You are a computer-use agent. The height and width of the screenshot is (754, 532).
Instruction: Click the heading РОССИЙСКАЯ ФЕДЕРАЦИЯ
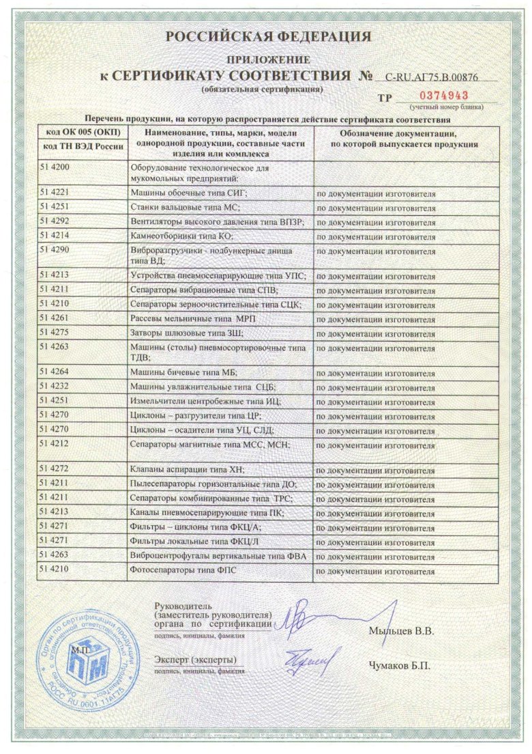267,36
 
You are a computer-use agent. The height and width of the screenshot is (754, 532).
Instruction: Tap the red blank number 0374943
444,95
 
